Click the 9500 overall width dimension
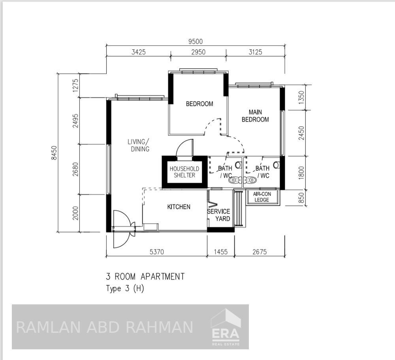pos(196,41)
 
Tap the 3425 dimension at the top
pos(139,52)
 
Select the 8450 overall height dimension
pos(54,153)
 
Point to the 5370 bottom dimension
pos(156,251)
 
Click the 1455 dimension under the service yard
pos(220,251)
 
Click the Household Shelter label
pos(184,172)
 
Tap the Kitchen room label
pos(179,207)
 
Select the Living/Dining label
pos(139,145)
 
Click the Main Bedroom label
pos(255,116)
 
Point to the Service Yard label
pos(218,215)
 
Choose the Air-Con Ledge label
pos(262,197)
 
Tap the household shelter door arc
pos(184,148)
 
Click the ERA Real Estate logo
pos(226,327)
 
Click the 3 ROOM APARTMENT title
pos(145,276)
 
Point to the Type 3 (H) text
pos(125,289)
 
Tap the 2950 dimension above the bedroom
pos(198,52)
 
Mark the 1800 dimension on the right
pos(301,173)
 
